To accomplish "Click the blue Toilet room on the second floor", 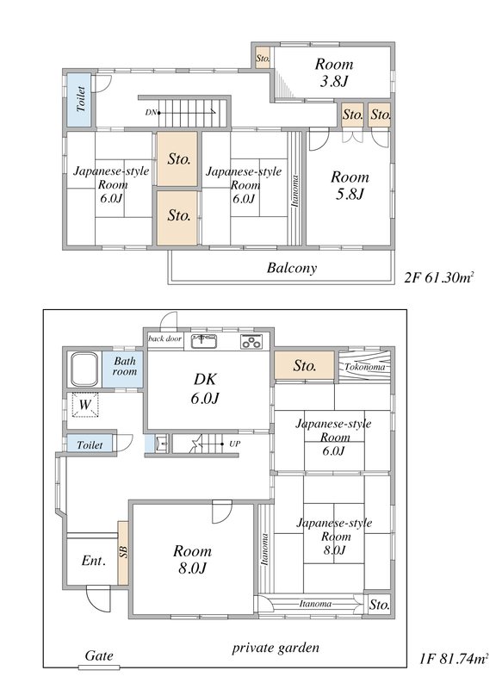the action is coord(79,100).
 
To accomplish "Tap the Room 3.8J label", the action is coord(334,72).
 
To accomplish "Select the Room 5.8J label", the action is coord(350,185).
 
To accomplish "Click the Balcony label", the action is coord(292,268).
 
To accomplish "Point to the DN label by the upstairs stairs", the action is coord(151,113).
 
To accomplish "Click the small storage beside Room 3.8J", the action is coord(263,58).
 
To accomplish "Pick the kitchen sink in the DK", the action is coord(204,341).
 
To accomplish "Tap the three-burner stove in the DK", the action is coord(251,341).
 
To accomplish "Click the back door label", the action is coord(164,338).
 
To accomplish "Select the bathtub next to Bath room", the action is coord(84,369).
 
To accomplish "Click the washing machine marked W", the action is coord(84,404).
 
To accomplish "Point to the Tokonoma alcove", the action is coord(364,367).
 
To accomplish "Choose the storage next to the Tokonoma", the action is coord(305,365).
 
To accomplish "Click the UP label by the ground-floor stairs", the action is coord(234,444).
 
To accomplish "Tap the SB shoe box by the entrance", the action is coord(122,552).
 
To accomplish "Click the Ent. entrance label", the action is coord(94,561).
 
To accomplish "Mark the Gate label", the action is coord(99,655).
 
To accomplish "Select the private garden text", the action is coord(276,649).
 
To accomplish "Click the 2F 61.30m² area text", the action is coord(439,277).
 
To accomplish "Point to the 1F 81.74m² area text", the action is coord(454,659).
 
